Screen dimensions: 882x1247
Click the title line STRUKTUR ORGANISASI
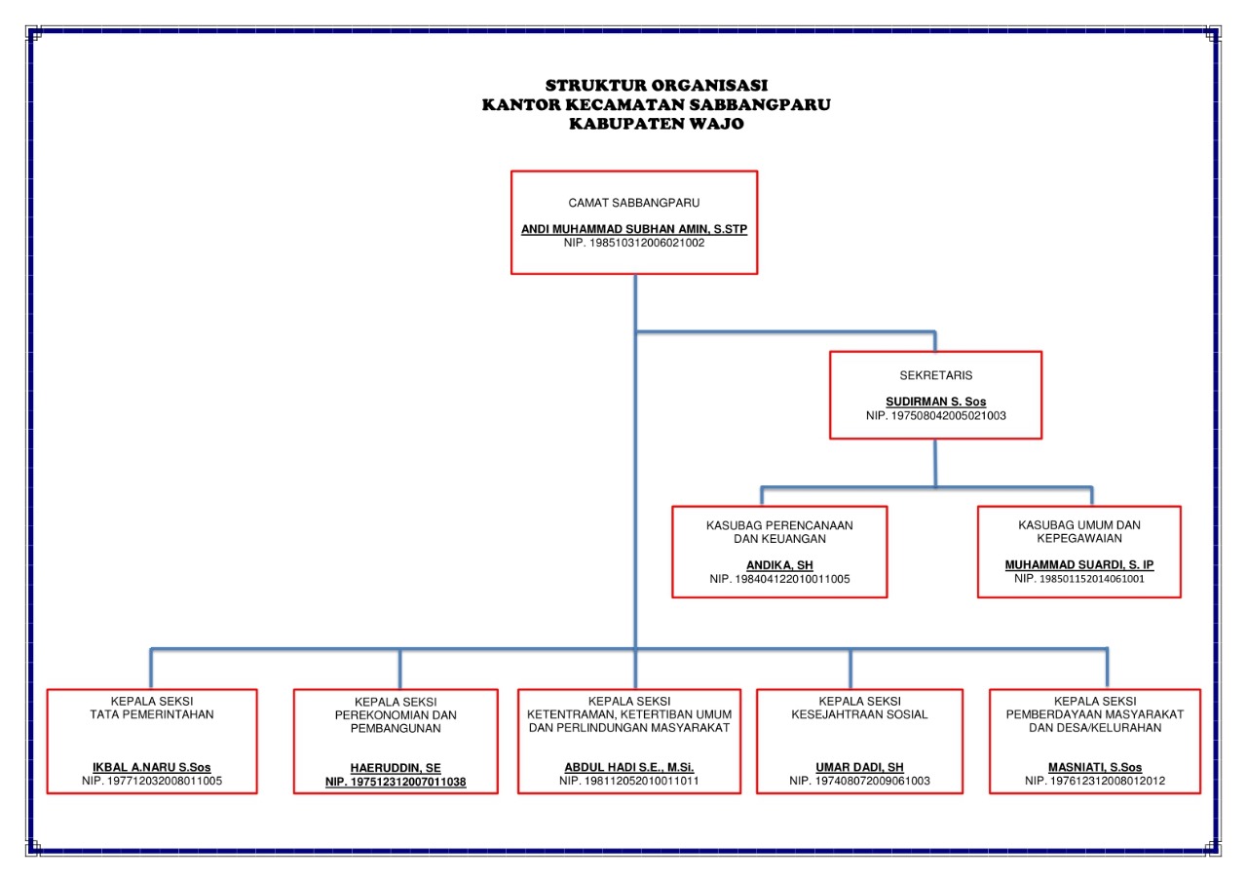[656, 86]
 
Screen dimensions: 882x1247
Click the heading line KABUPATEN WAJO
[656, 124]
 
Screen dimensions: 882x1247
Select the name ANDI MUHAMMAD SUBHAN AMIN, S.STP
[634, 230]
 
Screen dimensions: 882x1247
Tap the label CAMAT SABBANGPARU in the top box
[634, 203]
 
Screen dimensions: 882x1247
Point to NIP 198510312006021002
[634, 243]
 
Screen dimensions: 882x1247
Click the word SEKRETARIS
[935, 374]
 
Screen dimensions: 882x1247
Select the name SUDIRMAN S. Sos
[935, 402]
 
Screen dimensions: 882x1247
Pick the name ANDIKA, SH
[779, 565]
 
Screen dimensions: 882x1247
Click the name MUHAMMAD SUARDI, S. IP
[1079, 565]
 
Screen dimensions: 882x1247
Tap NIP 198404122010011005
[779, 579]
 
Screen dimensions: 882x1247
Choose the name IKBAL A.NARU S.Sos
[151, 767]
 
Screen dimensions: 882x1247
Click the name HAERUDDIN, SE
[396, 768]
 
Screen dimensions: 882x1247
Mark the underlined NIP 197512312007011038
[396, 782]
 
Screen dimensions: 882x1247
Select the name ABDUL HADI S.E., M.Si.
[629, 767]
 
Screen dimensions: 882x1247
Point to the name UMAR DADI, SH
[859, 767]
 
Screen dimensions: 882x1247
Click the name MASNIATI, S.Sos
[1095, 767]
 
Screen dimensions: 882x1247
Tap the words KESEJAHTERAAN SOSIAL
[859, 714]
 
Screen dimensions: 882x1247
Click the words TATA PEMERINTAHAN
[151, 714]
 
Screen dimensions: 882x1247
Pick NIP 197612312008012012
[1095, 781]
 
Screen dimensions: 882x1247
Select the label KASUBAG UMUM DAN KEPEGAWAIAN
[1079, 531]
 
